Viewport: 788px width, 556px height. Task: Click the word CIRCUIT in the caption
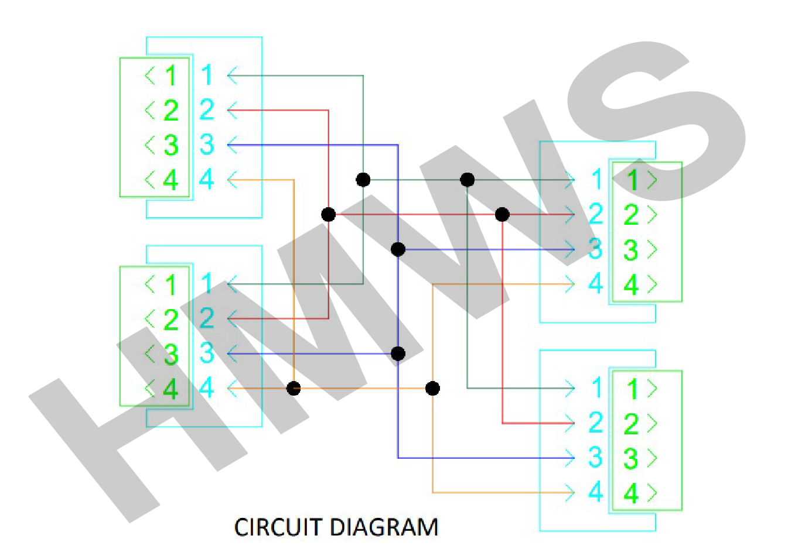tap(278, 527)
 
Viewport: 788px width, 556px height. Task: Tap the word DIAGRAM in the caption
tap(384, 527)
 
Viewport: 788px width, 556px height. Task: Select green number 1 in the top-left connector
tap(171, 75)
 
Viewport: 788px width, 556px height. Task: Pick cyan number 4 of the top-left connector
tap(206, 179)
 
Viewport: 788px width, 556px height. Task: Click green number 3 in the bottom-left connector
tap(171, 354)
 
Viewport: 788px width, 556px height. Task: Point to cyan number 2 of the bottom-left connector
tap(207, 318)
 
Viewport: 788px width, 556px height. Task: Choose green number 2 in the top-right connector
tap(631, 215)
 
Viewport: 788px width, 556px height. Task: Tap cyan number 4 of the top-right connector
tap(596, 284)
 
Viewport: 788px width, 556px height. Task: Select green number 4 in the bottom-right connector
tap(631, 493)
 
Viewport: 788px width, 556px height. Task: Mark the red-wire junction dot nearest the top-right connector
tap(502, 214)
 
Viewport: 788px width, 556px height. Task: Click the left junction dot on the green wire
tap(363, 180)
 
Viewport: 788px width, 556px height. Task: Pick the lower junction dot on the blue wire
tap(398, 353)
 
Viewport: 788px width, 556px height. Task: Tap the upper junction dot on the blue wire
tap(398, 249)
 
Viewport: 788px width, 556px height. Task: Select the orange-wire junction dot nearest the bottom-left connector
tap(294, 389)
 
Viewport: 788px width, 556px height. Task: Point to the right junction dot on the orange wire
tap(432, 389)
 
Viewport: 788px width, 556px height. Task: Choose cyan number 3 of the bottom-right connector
tap(596, 457)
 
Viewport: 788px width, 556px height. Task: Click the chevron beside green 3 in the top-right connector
tap(652, 249)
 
